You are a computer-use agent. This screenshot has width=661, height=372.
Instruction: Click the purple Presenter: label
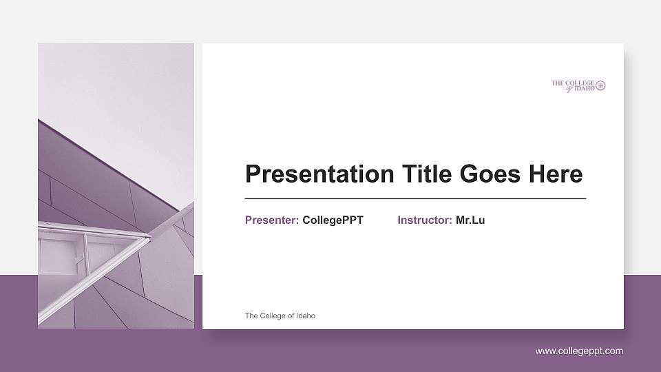[271, 220]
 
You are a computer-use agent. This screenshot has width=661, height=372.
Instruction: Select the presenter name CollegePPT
[333, 220]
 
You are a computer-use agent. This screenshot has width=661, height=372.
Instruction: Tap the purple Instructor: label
[424, 220]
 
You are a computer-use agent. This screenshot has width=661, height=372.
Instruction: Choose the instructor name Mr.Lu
[470, 220]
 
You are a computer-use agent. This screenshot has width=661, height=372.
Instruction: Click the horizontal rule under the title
[415, 198]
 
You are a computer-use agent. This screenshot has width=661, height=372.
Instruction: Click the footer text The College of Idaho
[280, 316]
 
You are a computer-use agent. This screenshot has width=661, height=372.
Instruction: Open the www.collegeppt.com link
[579, 351]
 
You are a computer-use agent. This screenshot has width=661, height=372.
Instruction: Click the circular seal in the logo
[600, 85]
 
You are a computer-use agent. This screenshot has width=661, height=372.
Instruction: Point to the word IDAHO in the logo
[584, 88]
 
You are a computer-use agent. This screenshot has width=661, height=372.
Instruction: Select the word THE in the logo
[557, 83]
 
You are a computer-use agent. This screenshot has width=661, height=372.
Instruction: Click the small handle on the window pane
[78, 259]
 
